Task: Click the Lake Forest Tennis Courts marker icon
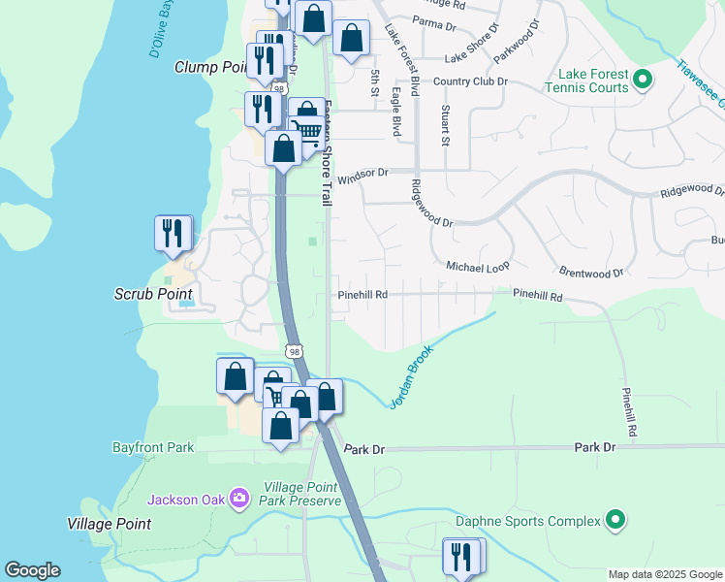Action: coord(642,79)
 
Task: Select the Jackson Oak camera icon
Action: coord(239,500)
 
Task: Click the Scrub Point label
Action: coord(153,294)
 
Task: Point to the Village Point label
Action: coord(109,524)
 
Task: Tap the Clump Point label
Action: coord(211,67)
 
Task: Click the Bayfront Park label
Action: coord(152,448)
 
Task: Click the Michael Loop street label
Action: coord(478,266)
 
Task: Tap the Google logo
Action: coord(32,570)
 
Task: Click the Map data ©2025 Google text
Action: coord(665,574)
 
